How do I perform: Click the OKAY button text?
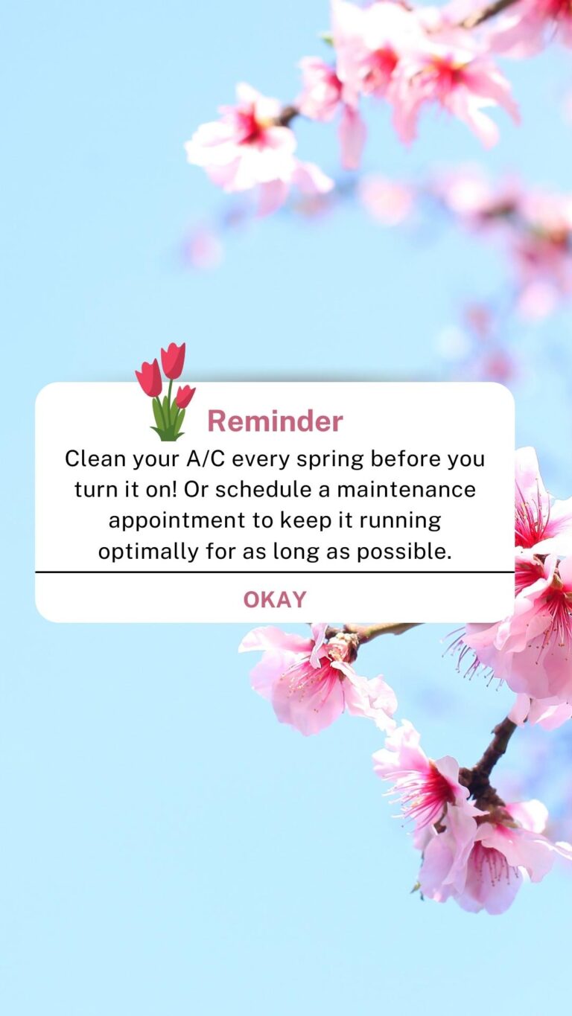click(275, 599)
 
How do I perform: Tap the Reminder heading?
click(275, 421)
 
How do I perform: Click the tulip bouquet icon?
click(166, 392)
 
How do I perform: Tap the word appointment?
click(177, 521)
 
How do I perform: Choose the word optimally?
click(148, 552)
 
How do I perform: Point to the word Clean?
click(95, 459)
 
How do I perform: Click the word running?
click(400, 522)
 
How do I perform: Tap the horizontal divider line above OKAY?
click(275, 572)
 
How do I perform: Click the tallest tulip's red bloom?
click(173, 360)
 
